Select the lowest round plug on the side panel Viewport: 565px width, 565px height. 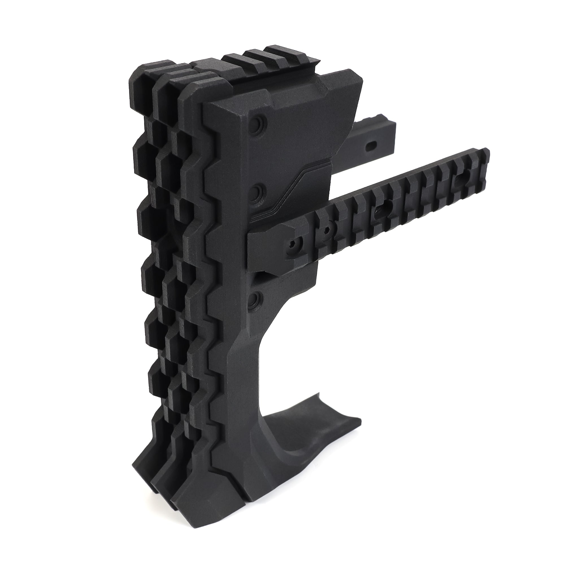click(x=255, y=299)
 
